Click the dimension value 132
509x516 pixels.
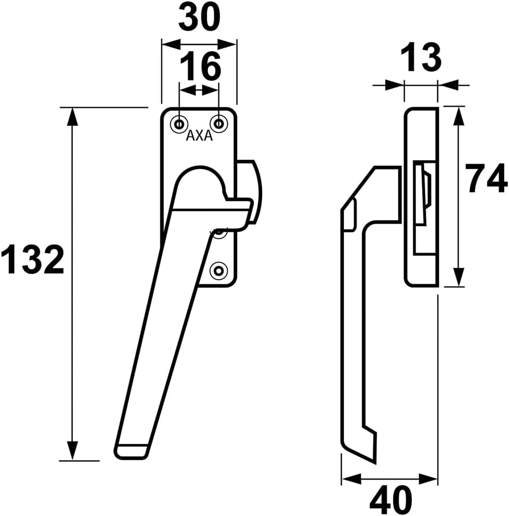[x=32, y=260]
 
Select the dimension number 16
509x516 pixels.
[x=201, y=66]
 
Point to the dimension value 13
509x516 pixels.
[x=421, y=57]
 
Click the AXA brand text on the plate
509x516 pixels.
[x=199, y=135]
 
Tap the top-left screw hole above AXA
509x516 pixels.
[x=180, y=124]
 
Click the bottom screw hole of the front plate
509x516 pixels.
[x=219, y=270]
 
